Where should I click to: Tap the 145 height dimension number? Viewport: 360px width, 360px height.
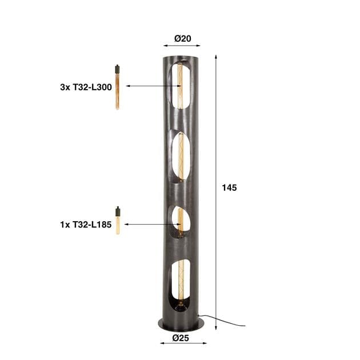coord(229,187)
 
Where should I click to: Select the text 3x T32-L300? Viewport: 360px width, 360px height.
coord(85,87)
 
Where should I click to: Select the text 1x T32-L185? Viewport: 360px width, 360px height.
coord(85,225)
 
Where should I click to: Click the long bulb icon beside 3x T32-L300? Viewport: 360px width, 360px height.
coord(117,86)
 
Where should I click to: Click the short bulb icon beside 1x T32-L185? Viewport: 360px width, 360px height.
coord(118,221)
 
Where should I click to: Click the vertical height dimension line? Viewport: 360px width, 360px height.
coord(216,143)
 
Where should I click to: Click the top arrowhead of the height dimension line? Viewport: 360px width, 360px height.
coord(216,57)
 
